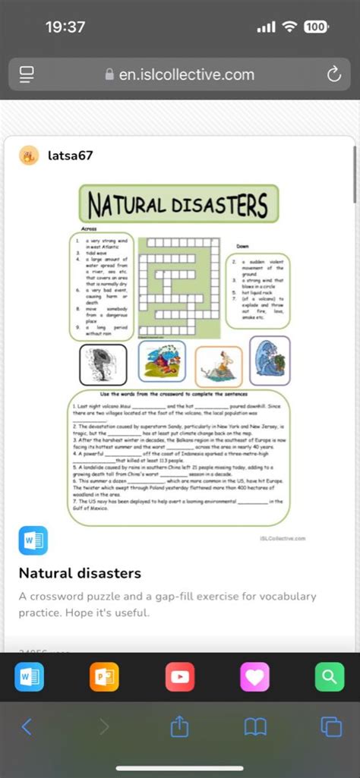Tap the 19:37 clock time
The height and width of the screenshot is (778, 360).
(x=65, y=27)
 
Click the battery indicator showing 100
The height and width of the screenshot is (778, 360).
(x=315, y=27)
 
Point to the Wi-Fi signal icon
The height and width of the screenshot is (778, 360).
(x=289, y=27)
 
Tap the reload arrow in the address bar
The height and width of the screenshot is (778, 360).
(x=333, y=74)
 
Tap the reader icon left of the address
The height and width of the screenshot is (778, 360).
(x=27, y=74)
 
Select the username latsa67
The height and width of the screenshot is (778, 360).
(x=70, y=156)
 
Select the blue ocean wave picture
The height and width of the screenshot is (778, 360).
(x=269, y=361)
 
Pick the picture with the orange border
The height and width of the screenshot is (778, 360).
(x=219, y=367)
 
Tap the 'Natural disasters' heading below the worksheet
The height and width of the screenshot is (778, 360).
(x=80, y=572)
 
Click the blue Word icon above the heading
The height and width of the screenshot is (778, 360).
(x=33, y=540)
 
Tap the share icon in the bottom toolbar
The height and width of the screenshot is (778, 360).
(x=179, y=726)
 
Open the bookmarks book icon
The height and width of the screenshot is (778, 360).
(x=255, y=726)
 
